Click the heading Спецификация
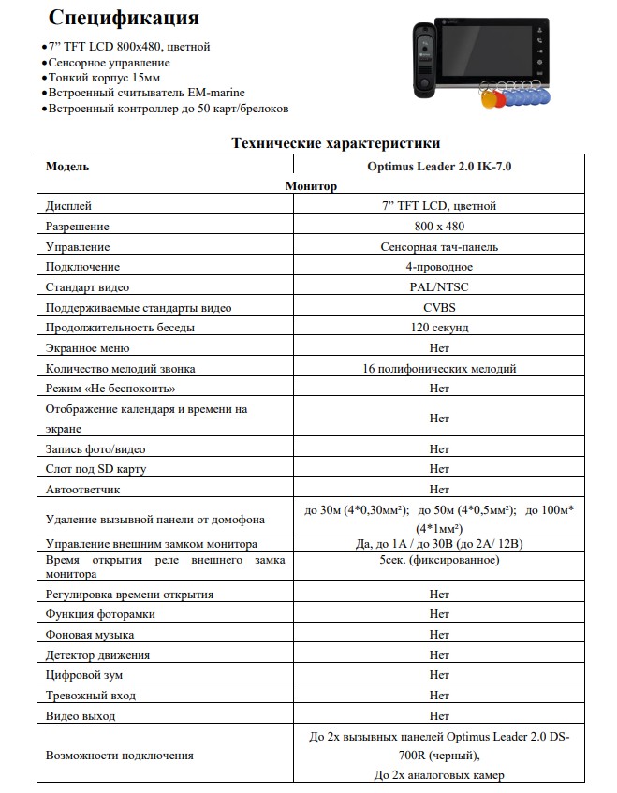tap(123, 18)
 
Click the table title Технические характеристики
tap(335, 143)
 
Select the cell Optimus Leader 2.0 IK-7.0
tap(439, 166)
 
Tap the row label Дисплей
tap(68, 206)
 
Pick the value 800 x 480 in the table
tap(439, 227)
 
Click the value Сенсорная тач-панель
tap(439, 247)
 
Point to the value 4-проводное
tap(439, 267)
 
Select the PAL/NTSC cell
tap(439, 287)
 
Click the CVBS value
tap(439, 307)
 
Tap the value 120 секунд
tap(439, 328)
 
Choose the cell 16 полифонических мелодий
tap(439, 369)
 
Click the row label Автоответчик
tap(83, 490)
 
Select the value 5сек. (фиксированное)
tap(439, 560)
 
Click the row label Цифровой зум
tap(84, 675)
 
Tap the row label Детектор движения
tap(97, 655)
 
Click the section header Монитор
tap(311, 186)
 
